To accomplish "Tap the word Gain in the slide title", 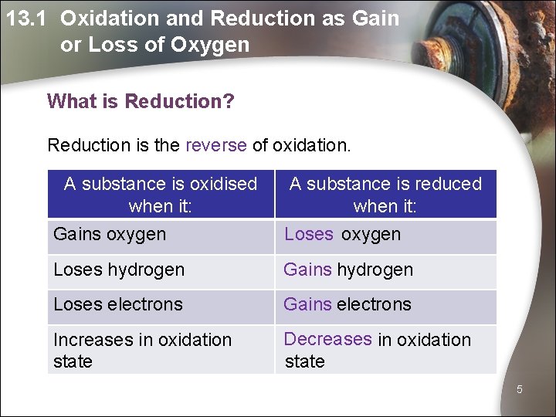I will pos(374,19).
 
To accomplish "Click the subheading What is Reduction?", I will pos(140,101).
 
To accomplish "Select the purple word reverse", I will pos(215,144).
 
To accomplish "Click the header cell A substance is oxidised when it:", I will pos(161,195).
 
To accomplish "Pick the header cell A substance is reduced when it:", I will pos(385,195).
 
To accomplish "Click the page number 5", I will pos(520,390).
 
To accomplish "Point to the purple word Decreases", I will pos(327,339).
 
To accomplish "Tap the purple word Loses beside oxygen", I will pos(309,234).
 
